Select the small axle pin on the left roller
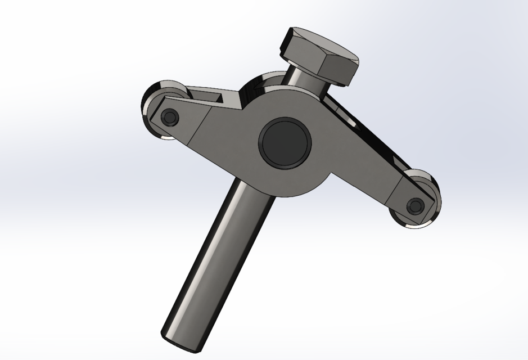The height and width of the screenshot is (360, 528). coord(169,117)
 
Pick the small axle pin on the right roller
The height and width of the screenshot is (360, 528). coord(416,206)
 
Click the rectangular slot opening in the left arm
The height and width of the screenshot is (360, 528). coord(214,99)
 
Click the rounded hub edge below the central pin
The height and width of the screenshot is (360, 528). coord(292,191)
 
